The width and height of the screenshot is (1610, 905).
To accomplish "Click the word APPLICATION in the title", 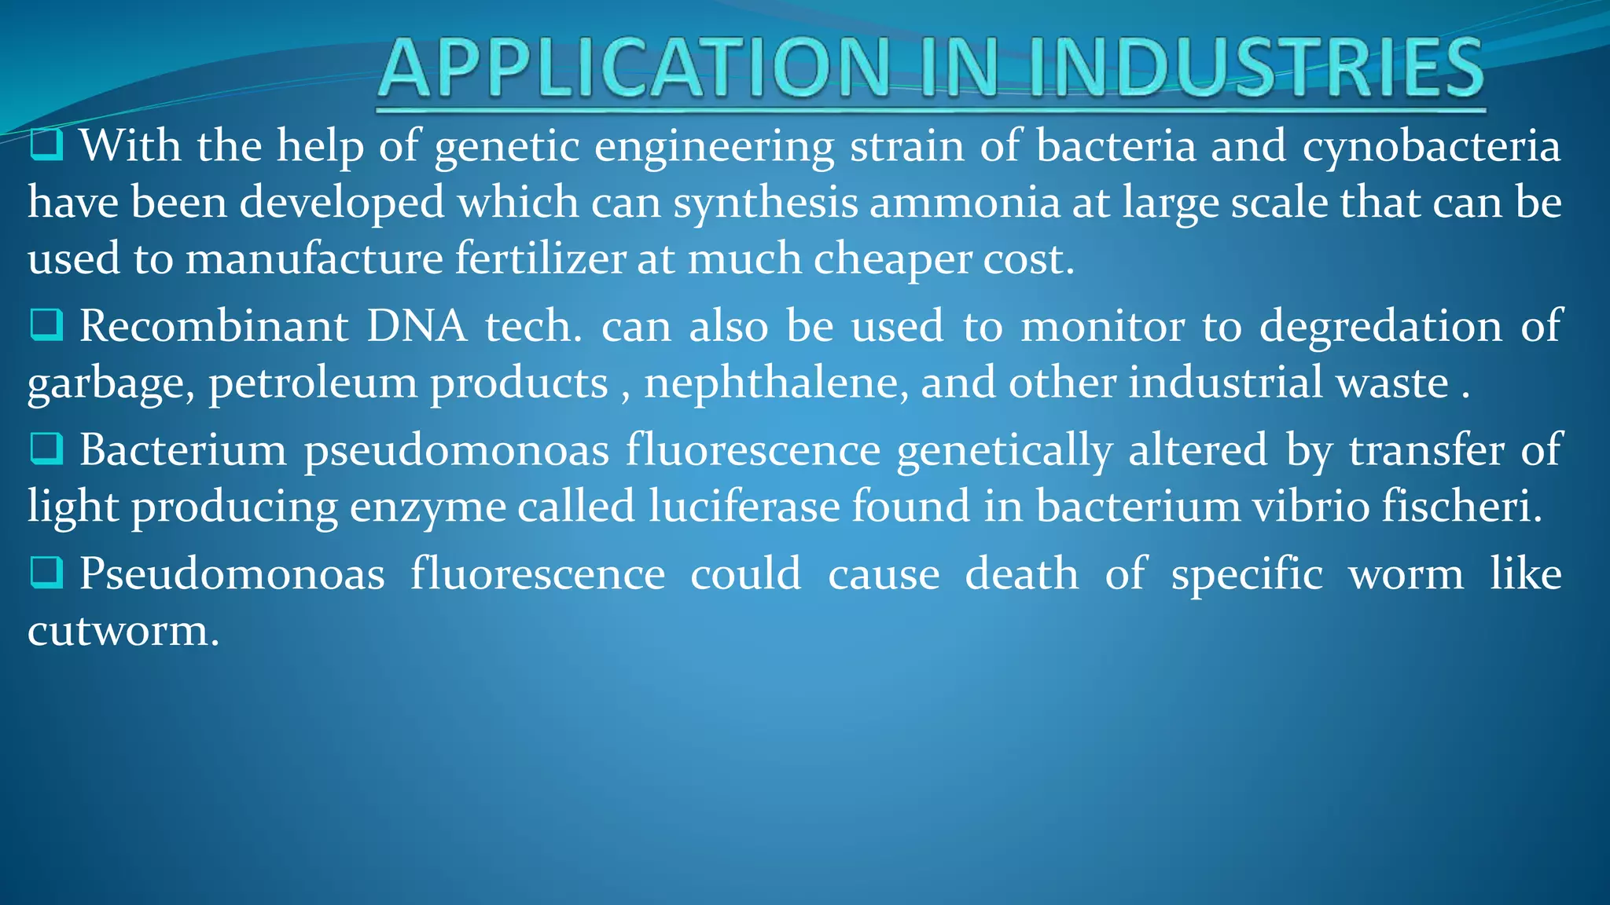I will tap(634, 69).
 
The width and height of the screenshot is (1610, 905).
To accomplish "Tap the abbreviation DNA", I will tap(417, 326).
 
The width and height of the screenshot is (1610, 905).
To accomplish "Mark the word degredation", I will tap(1380, 326).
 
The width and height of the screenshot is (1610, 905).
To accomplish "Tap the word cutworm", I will tap(123, 630).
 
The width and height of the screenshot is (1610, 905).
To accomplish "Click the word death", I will tap(1021, 573).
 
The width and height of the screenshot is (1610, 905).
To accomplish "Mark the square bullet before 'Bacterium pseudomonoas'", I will tap(46, 449).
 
